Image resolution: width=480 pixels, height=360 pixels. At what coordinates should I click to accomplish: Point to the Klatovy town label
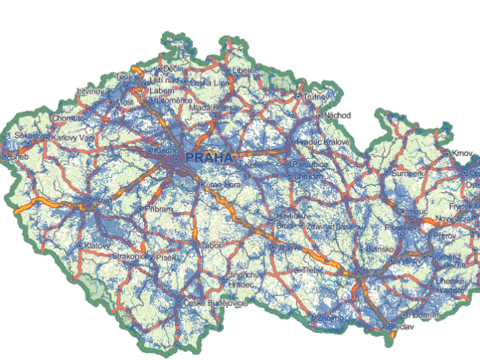pos(98,245)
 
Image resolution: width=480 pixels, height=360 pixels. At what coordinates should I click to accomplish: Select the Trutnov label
pos(316,96)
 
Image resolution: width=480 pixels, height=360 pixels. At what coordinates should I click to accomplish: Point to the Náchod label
pos(334,115)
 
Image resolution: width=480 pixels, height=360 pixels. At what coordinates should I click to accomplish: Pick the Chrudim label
pos(309,176)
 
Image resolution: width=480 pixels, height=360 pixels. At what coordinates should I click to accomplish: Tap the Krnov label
pos(462,154)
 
